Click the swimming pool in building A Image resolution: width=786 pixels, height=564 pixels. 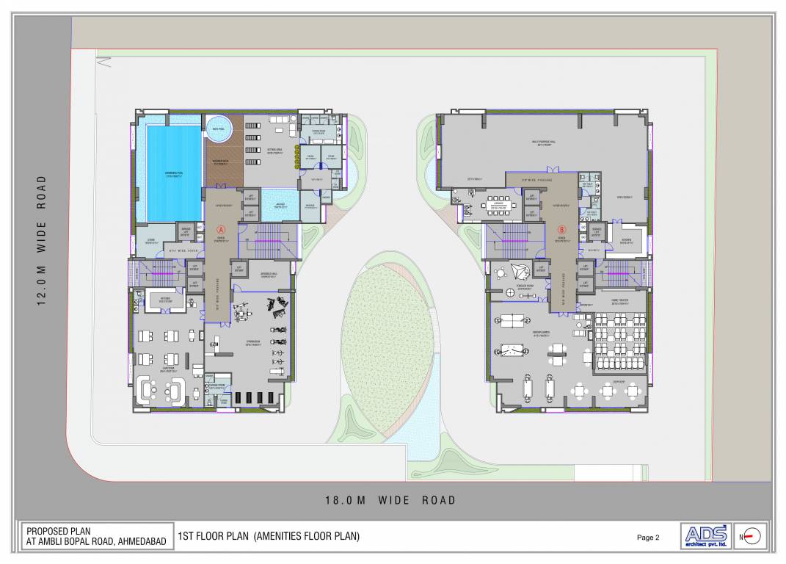pyautogui.click(x=174, y=173)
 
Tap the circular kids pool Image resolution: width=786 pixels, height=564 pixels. pyautogui.click(x=218, y=129)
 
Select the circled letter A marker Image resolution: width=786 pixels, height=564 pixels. pyautogui.click(x=219, y=229)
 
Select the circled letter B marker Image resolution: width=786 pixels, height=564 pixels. pyautogui.click(x=562, y=229)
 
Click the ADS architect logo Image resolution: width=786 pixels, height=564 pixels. pyautogui.click(x=705, y=535)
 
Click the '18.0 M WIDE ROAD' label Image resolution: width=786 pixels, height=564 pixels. pyautogui.click(x=390, y=500)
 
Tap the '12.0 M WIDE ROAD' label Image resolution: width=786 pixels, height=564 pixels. pyautogui.click(x=42, y=239)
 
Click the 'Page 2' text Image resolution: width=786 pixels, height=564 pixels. pyautogui.click(x=647, y=538)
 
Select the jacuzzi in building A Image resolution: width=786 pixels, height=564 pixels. pyautogui.click(x=280, y=205)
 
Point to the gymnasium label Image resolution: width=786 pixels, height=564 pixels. pyautogui.click(x=255, y=344)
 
